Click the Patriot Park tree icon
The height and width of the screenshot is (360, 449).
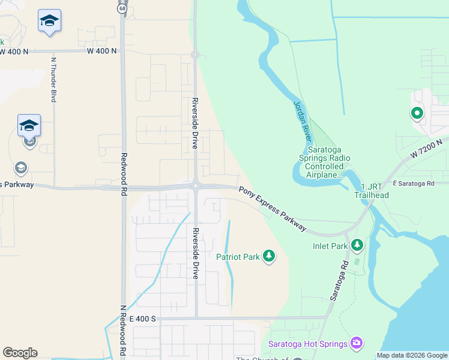[x=270, y=257]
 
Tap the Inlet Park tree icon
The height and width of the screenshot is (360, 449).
[x=357, y=245]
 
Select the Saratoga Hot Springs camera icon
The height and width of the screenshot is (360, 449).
[x=357, y=343]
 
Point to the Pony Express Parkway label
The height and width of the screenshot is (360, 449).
[x=273, y=209]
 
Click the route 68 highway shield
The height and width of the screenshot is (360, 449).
[x=122, y=8]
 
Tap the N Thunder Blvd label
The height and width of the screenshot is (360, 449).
[x=53, y=78]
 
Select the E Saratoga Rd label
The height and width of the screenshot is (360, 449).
[x=414, y=183]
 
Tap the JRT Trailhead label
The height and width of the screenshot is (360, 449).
[x=370, y=191]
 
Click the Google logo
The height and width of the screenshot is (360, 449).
[x=20, y=353]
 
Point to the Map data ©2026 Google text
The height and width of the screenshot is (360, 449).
[x=411, y=355]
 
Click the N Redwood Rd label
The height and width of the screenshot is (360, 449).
[x=122, y=331]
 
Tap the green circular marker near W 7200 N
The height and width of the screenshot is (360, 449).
[x=415, y=112]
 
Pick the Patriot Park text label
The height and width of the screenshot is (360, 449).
[x=238, y=257]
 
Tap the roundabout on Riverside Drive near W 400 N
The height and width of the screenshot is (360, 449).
[x=195, y=55]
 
